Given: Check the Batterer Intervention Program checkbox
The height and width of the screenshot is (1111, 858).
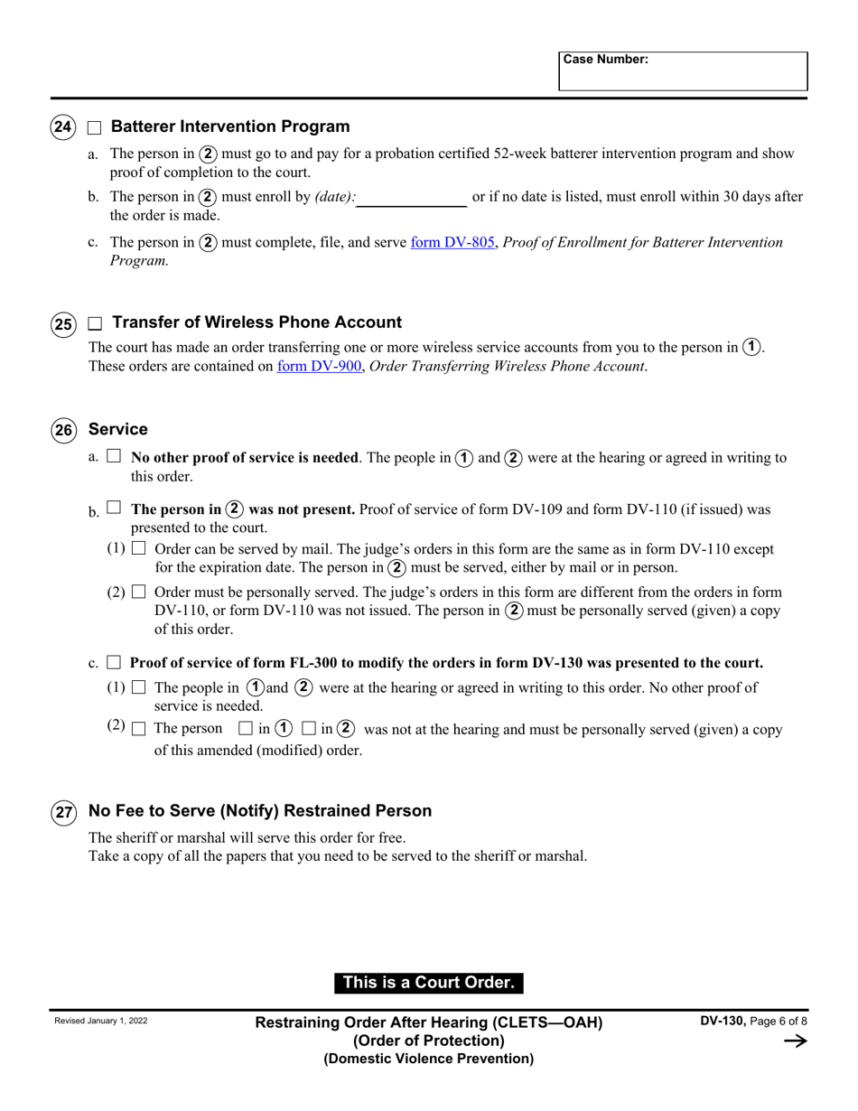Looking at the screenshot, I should [x=95, y=127].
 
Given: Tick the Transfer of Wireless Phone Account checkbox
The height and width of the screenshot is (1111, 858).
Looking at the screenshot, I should [x=95, y=323].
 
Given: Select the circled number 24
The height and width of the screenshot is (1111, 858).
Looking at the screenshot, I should [x=62, y=127].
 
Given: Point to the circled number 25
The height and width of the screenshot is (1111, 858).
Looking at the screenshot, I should [x=62, y=323].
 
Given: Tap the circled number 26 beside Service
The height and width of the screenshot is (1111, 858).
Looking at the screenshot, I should [x=62, y=430].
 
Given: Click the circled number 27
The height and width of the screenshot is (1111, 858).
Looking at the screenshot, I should [x=62, y=811].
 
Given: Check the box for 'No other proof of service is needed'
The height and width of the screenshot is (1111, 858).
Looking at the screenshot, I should [x=114, y=457].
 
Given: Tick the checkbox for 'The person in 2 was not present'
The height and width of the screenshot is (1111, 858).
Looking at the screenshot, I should [x=114, y=509].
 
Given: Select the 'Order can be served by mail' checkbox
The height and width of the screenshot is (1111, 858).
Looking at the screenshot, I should [x=138, y=548].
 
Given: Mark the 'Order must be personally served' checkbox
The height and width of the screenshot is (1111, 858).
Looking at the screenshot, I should [x=138, y=592].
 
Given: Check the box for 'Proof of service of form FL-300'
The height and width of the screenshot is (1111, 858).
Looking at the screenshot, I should [x=114, y=662].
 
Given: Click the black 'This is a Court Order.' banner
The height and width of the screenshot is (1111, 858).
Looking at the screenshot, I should [x=429, y=983].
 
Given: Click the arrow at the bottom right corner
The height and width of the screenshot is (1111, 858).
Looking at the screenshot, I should [x=795, y=1041].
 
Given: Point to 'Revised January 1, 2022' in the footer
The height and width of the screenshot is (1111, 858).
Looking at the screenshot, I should [x=101, y=1021].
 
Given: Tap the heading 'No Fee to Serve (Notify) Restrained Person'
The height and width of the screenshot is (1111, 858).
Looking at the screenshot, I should [x=260, y=811].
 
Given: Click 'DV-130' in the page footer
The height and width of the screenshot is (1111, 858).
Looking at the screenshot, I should [x=722, y=1021].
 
